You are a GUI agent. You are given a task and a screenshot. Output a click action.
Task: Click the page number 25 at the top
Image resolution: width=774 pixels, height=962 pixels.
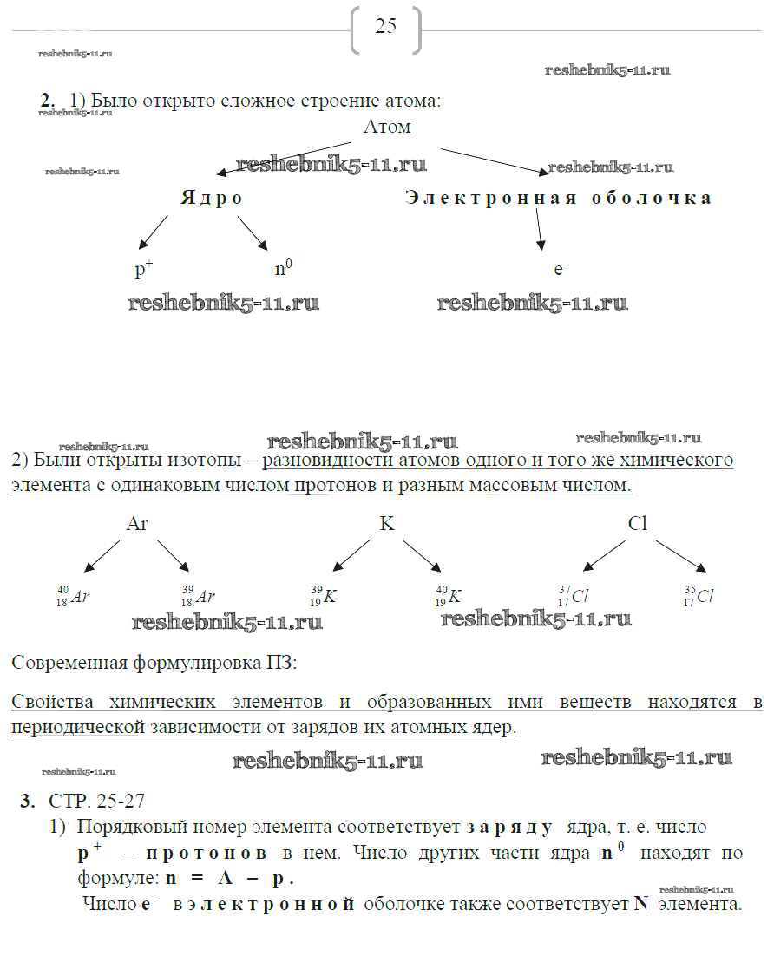click(385, 26)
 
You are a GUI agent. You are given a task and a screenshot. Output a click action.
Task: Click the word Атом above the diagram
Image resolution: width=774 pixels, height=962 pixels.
click(387, 127)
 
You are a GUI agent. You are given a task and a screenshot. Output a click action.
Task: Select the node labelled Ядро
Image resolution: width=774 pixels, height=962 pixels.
click(212, 198)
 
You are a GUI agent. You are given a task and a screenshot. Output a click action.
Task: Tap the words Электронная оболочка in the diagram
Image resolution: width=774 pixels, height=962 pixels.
click(558, 198)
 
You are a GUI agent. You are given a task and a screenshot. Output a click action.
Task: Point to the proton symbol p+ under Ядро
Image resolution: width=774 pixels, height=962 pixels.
click(143, 269)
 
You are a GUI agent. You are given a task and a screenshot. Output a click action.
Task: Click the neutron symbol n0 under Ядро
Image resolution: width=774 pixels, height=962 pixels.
click(283, 269)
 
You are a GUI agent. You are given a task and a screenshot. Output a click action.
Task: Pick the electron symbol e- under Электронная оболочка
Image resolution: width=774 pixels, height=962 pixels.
click(560, 269)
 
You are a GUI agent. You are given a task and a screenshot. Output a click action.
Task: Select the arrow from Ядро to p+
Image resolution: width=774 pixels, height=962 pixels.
click(154, 232)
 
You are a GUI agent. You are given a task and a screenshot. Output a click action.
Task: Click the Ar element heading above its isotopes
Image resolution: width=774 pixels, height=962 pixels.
click(137, 524)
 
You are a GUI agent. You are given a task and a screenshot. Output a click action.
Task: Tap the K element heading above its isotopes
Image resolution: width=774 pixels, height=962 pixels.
click(386, 524)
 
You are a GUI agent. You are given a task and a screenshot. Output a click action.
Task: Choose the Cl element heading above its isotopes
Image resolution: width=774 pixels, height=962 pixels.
click(638, 524)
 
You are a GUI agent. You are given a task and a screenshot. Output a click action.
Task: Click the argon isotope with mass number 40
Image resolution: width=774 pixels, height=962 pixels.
click(74, 596)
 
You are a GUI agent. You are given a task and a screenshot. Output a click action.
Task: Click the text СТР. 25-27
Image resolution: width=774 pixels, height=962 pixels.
click(91, 800)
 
